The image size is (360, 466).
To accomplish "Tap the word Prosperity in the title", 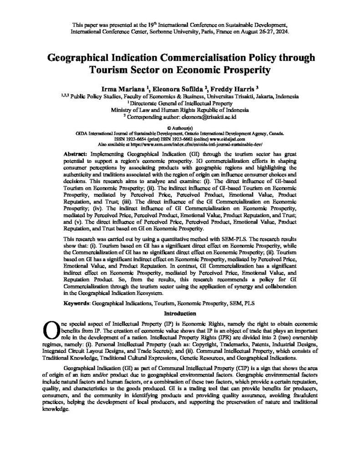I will click(x=243, y=71).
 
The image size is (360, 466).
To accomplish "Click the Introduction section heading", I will click(x=180, y=313).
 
